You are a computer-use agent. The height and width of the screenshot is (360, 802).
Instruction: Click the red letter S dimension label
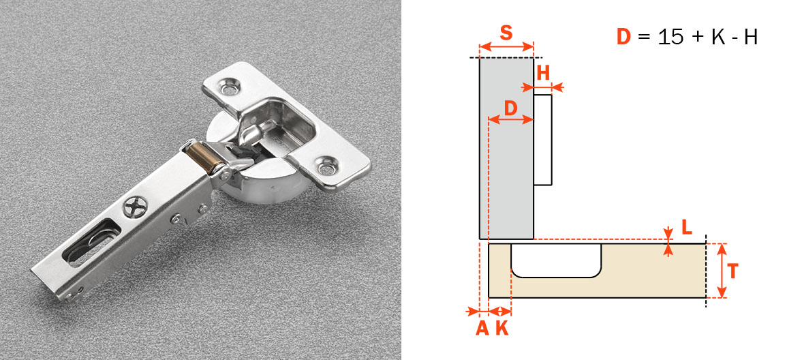[506, 32]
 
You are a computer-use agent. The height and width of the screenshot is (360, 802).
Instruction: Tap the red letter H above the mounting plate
[542, 73]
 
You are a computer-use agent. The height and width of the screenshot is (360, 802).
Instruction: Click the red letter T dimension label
[732, 271]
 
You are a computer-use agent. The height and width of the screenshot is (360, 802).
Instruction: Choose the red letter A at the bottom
[482, 328]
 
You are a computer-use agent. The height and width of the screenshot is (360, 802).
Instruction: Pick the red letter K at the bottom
[502, 328]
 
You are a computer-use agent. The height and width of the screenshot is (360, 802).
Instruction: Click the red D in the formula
[624, 37]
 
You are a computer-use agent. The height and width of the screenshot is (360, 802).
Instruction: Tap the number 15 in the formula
[671, 37]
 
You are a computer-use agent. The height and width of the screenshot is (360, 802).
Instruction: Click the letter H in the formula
[750, 37]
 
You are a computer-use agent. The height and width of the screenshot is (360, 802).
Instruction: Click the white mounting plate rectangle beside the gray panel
[542, 140]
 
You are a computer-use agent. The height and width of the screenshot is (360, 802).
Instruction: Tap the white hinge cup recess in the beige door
[556, 259]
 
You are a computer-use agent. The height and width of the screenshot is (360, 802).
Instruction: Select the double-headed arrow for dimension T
[722, 271]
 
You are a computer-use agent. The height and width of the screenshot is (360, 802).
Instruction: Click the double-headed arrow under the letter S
[506, 47]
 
